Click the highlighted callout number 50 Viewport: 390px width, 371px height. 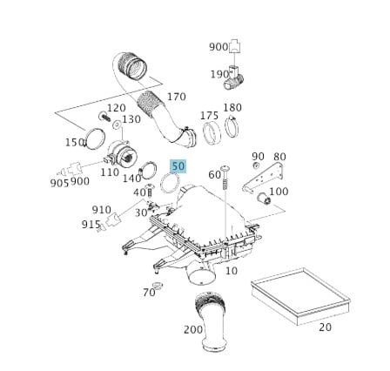point(178,166)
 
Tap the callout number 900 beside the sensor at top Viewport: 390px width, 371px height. point(219,47)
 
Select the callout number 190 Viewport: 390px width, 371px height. point(219,74)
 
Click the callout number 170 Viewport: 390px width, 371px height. point(176,97)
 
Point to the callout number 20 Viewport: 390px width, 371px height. point(325,327)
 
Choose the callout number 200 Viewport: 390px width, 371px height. point(192,329)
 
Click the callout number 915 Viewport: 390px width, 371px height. point(91,224)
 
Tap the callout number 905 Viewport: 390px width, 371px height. point(59,182)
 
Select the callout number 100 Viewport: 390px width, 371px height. point(279,192)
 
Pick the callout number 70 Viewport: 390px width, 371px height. point(149,292)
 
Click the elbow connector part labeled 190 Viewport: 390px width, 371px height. point(234,81)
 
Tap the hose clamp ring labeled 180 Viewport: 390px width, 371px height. point(232,127)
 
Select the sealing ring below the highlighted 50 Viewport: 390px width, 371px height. point(170,183)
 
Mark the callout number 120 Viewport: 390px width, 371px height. point(116,107)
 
